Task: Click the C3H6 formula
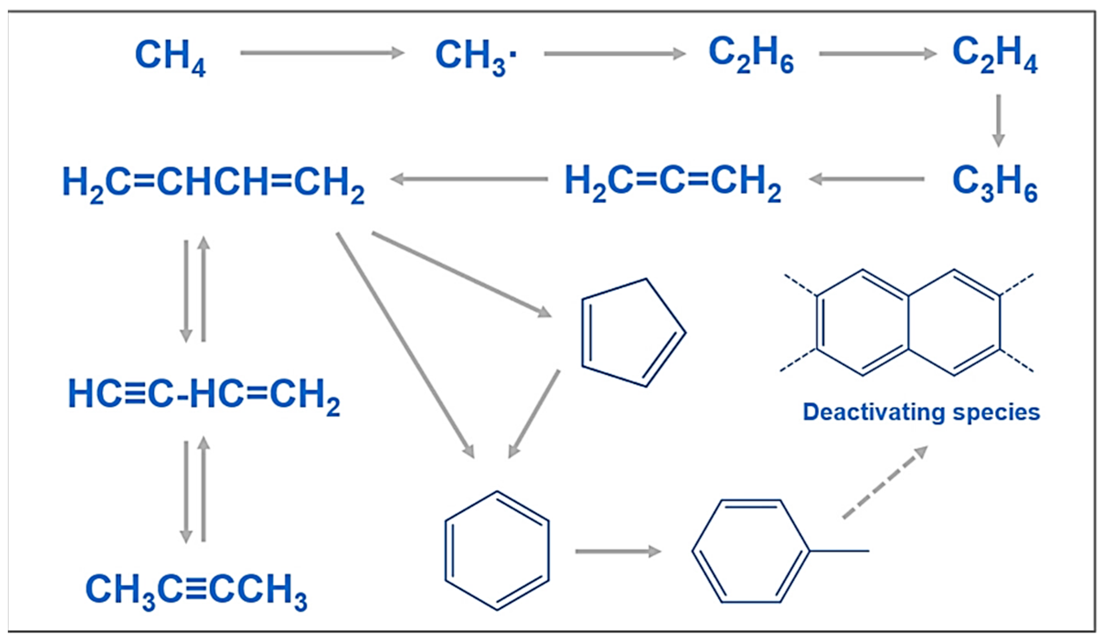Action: point(995,182)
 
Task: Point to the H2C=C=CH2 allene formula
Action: point(672,182)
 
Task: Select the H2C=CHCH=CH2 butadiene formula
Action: point(213,183)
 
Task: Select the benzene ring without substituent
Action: point(497,551)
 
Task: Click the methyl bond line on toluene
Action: point(839,551)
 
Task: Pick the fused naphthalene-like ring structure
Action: point(908,322)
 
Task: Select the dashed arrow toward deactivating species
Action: point(885,482)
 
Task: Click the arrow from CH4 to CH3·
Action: point(322,53)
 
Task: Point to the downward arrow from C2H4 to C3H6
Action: point(998,120)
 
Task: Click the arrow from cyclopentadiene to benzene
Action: point(534,414)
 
